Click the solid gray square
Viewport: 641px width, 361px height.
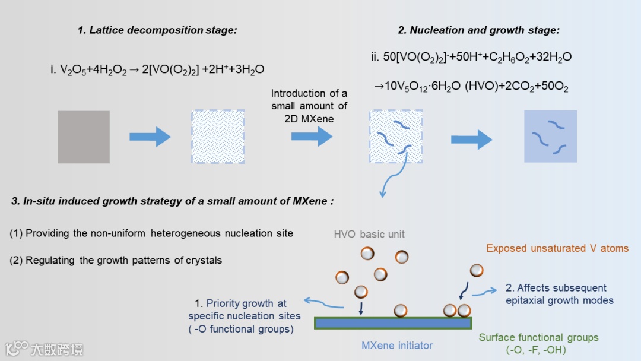click(84, 137)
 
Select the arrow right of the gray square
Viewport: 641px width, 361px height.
click(150, 137)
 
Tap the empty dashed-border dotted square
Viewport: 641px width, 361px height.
click(217, 137)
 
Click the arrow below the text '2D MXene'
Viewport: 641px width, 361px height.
click(312, 137)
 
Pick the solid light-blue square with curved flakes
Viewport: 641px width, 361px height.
click(550, 137)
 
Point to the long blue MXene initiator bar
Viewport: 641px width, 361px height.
click(393, 323)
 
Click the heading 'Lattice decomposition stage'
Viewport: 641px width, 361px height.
click(157, 30)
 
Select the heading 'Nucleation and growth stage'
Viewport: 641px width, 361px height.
click(478, 30)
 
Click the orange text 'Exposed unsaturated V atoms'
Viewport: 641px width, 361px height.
click(557, 248)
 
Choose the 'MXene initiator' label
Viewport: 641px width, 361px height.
click(397, 345)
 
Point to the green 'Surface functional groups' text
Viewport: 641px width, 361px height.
click(538, 338)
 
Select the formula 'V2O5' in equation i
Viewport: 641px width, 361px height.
click(73, 70)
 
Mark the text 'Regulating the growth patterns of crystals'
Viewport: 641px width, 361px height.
click(123, 260)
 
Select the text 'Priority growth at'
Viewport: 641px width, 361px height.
click(246, 303)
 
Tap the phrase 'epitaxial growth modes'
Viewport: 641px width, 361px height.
click(559, 300)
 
